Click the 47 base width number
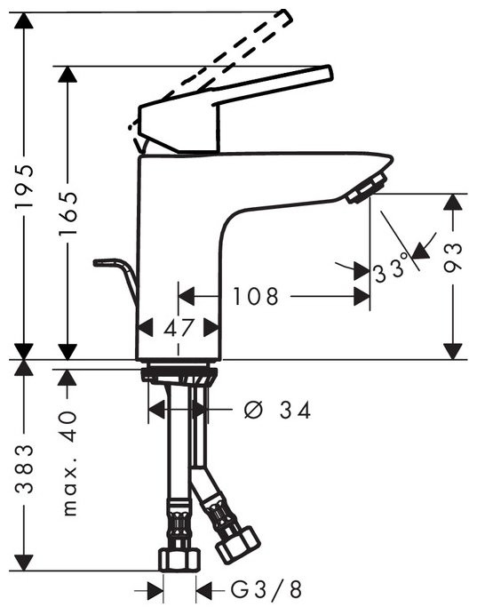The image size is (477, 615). tap(179, 327)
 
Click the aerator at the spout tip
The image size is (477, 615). tap(365, 189)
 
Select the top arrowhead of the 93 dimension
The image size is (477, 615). tap(454, 203)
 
